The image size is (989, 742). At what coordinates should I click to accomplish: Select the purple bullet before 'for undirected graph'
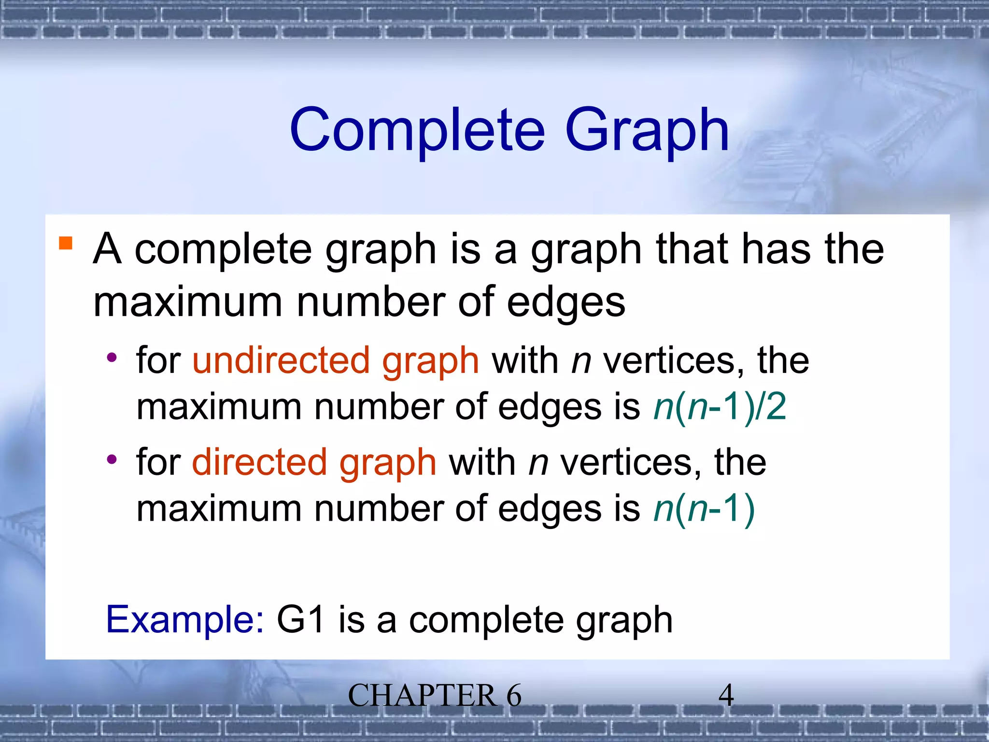tap(112, 358)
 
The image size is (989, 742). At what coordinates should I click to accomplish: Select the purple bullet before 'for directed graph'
tap(112, 459)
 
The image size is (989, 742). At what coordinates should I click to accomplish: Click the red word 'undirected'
tap(281, 360)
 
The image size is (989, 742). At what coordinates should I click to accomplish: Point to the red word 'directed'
tap(259, 462)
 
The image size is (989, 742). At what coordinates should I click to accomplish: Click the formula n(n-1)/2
tap(720, 407)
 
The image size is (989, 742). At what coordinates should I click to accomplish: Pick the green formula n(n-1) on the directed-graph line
tap(704, 509)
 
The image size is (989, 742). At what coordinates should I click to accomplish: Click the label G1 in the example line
tap(300, 619)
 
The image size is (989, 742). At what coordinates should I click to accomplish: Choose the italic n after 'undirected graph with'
tap(581, 361)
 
